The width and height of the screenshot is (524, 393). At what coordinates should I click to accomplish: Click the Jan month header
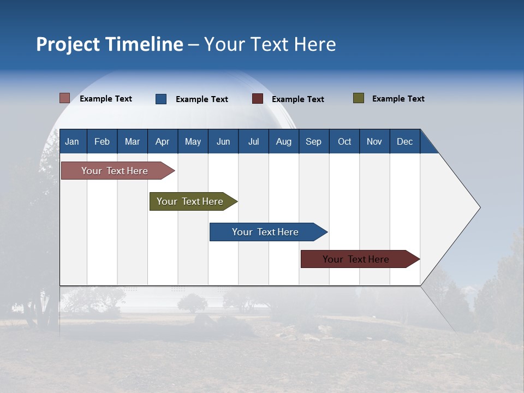pyautogui.click(x=72, y=141)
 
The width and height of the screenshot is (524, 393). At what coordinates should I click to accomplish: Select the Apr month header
pyautogui.click(x=162, y=141)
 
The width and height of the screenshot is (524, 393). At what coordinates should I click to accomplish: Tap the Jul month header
pyautogui.click(x=253, y=141)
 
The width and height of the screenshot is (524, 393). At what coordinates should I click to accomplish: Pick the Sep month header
pyautogui.click(x=313, y=141)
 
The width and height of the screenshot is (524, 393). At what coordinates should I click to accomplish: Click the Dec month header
pyautogui.click(x=404, y=141)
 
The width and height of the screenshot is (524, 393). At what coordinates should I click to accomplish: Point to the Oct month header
pyautogui.click(x=344, y=141)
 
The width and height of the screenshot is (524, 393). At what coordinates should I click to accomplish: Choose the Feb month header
pyautogui.click(x=102, y=141)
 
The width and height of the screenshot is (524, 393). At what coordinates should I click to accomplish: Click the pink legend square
pyautogui.click(x=64, y=98)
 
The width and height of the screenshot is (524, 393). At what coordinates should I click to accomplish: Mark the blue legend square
pyautogui.click(x=161, y=99)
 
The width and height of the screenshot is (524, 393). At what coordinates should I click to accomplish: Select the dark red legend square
pyautogui.click(x=258, y=99)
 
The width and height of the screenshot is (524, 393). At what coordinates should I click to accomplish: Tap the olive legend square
pyautogui.click(x=358, y=98)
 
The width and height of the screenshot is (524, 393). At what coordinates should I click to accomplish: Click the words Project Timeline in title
pyautogui.click(x=110, y=44)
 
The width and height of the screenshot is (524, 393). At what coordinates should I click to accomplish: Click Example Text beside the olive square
pyautogui.click(x=398, y=99)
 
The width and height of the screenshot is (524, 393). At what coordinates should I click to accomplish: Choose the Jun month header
pyautogui.click(x=223, y=141)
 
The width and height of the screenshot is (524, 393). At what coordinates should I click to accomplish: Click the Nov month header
pyautogui.click(x=374, y=141)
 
